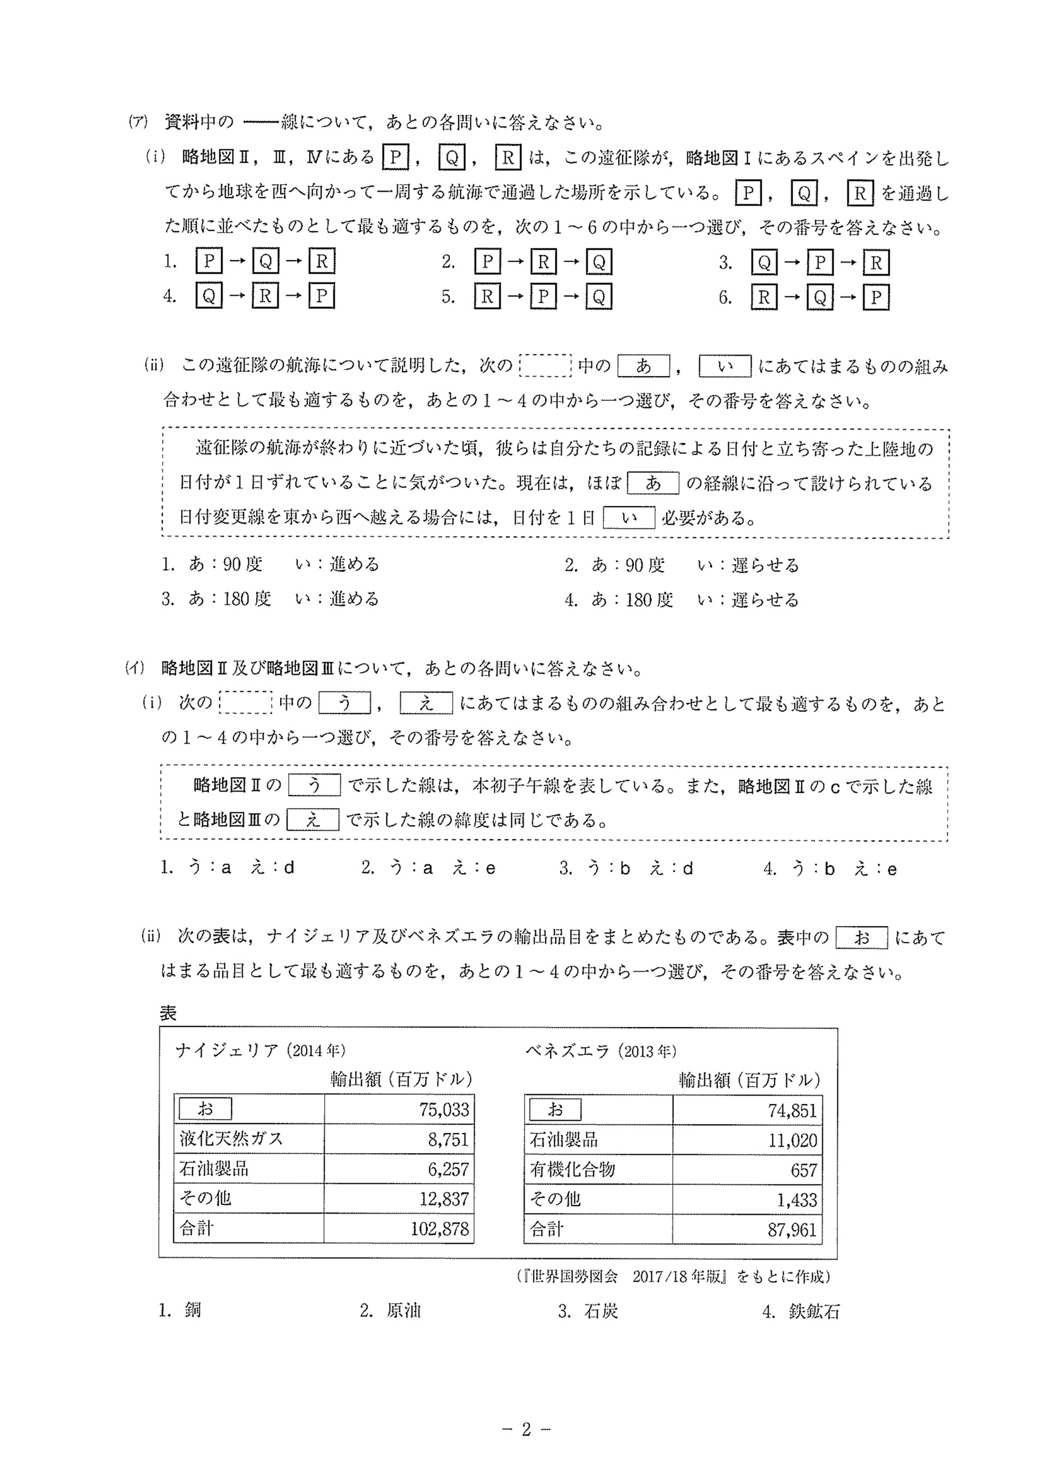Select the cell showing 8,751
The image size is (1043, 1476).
coord(448,1139)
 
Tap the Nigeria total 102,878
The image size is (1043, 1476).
coord(440,1229)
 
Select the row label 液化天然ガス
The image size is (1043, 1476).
coord(231,1139)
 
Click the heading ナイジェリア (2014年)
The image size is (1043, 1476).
coord(260,1050)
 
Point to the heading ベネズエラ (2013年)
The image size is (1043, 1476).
coord(601,1051)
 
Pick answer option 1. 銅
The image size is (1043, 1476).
coord(180,1310)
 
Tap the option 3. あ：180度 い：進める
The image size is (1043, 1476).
coord(271,599)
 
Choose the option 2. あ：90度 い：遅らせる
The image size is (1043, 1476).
coord(682,565)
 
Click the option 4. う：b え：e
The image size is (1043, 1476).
coord(830,869)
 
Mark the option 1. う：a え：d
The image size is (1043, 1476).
coord(228,868)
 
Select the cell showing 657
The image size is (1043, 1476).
coord(803,1170)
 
